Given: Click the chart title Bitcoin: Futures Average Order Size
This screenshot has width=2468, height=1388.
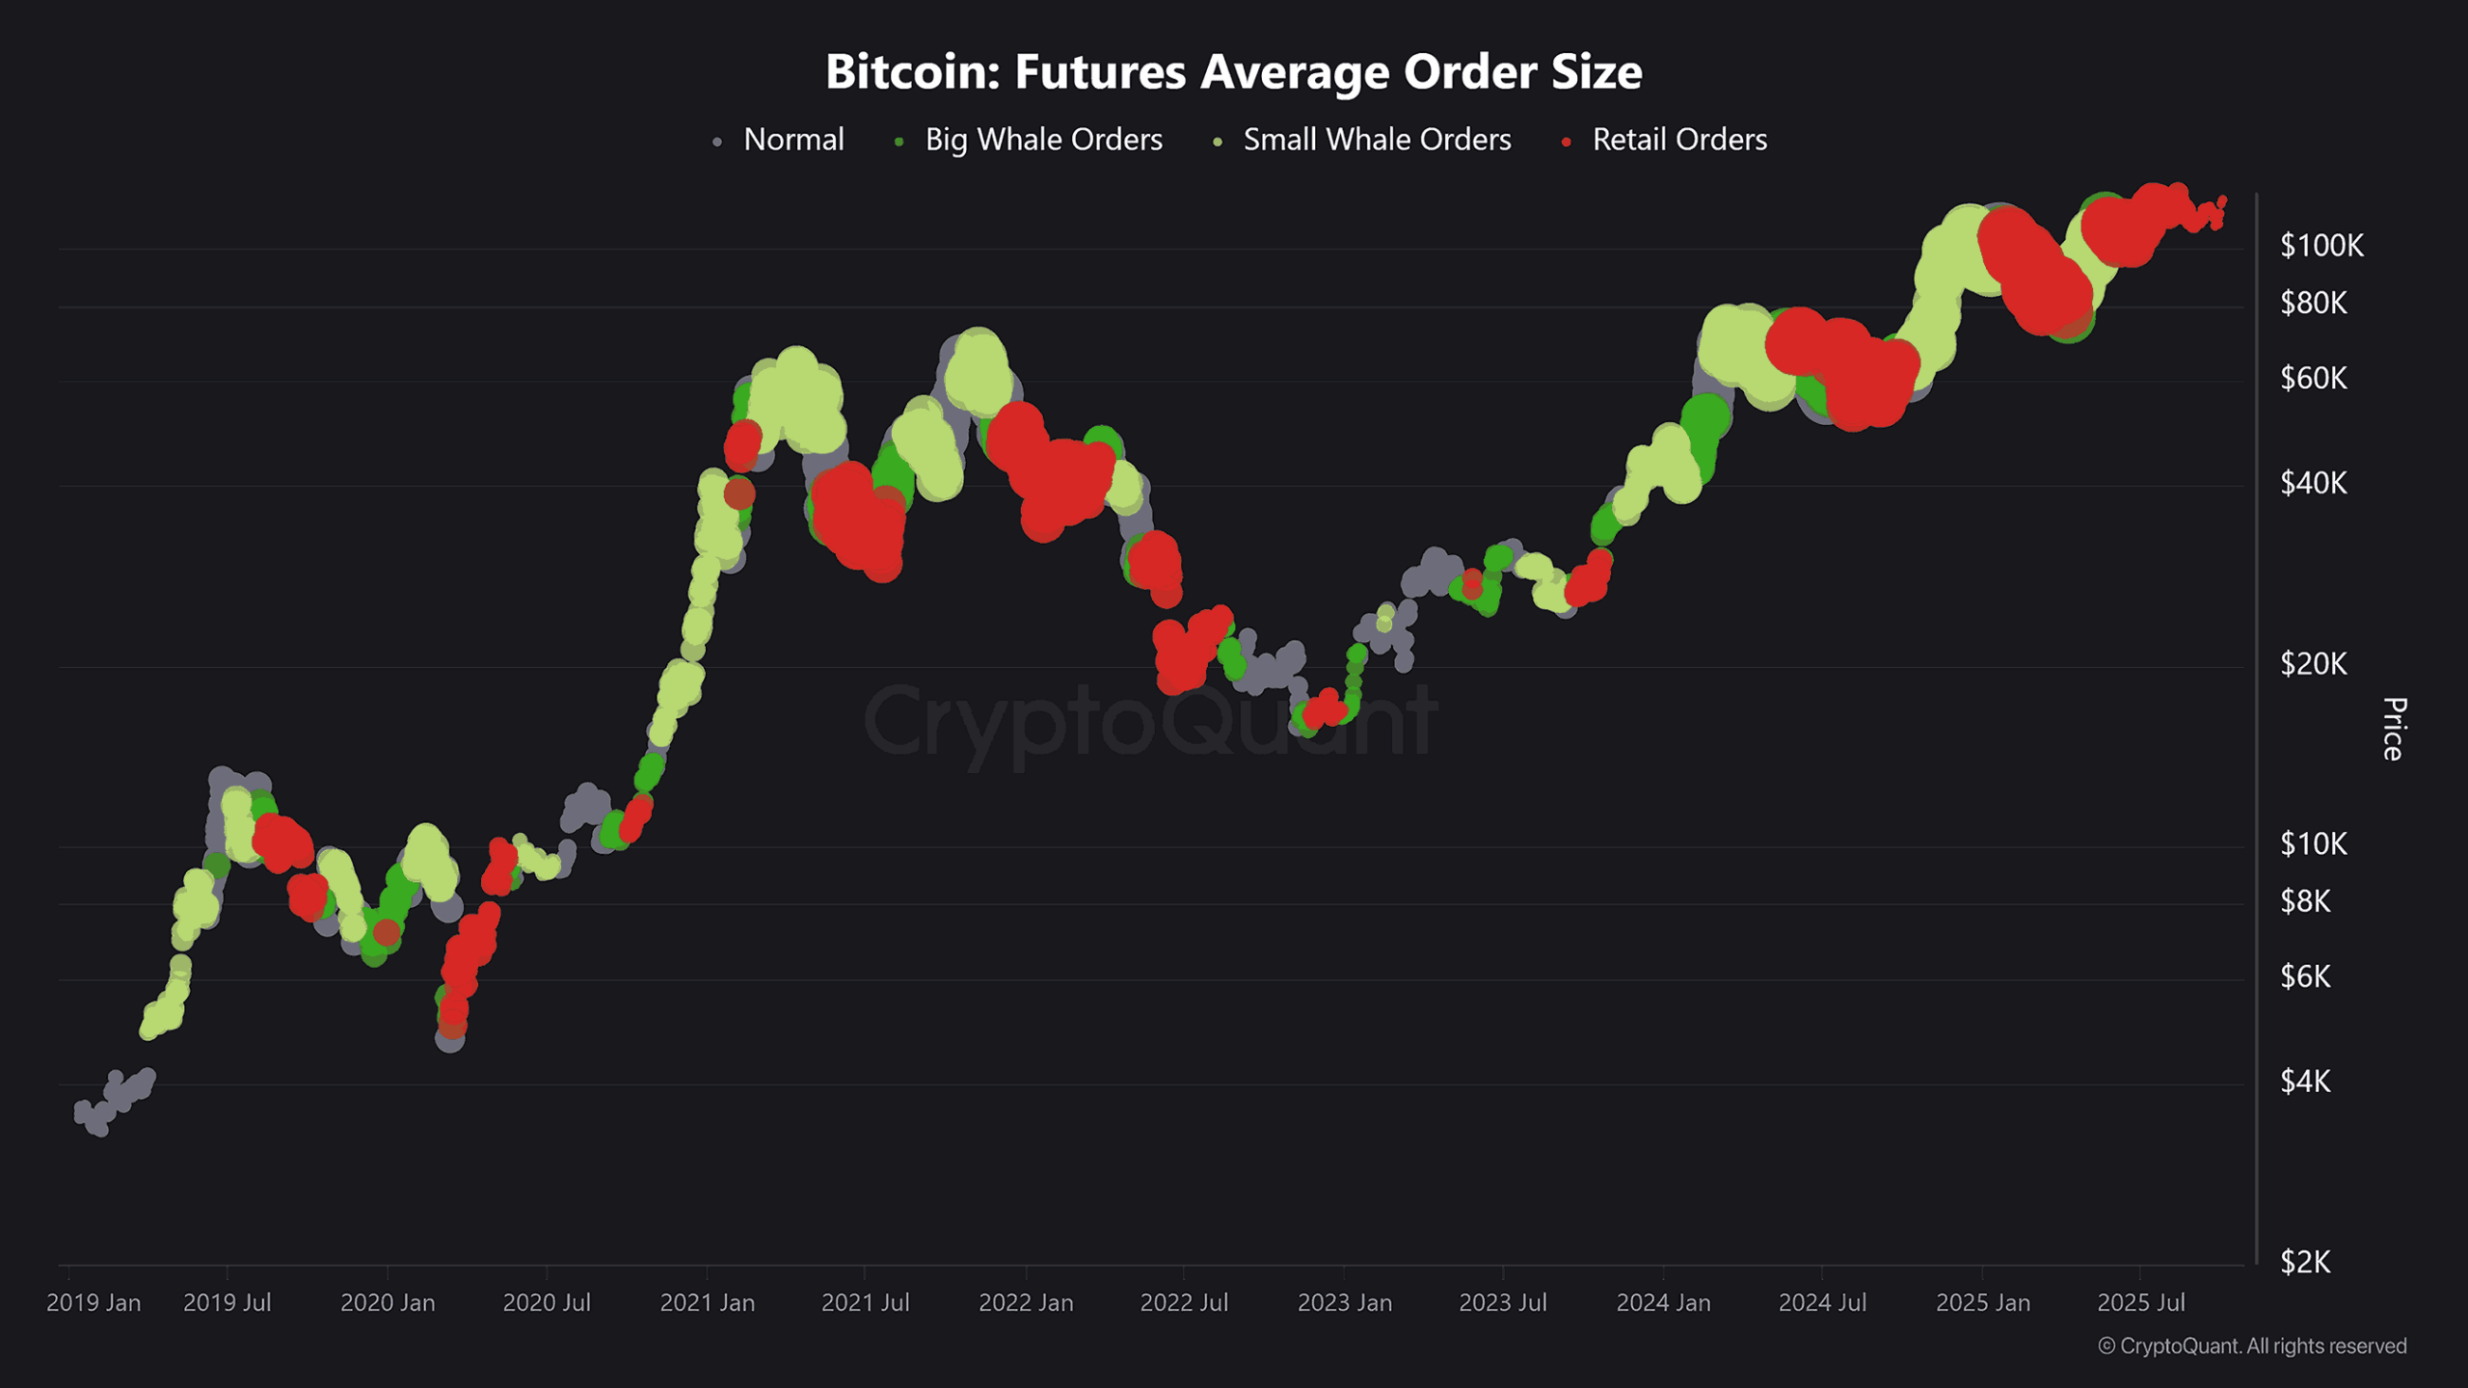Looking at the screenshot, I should click(1233, 71).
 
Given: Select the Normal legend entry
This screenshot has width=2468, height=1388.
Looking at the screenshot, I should click(792, 140).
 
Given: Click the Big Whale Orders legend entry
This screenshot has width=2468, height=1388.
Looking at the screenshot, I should click(1043, 140).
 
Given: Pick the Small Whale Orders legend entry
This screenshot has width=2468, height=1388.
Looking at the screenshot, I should click(1377, 140).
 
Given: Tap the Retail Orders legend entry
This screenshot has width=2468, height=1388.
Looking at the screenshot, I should click(1679, 140).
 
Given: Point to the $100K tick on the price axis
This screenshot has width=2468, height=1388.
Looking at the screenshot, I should click(2320, 246).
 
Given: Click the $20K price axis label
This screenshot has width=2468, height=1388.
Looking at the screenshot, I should click(2313, 664).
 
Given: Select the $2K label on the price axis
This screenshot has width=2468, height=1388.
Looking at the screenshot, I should click(2305, 1262).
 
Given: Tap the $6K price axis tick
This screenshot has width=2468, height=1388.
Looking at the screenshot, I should click(2305, 977).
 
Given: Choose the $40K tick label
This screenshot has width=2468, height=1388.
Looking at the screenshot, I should click(2313, 483).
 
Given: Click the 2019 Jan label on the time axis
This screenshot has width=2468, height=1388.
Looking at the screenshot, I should click(94, 1303).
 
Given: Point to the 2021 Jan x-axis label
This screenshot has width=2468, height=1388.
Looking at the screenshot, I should click(707, 1303).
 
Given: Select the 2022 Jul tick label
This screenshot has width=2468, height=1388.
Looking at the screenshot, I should click(1184, 1303).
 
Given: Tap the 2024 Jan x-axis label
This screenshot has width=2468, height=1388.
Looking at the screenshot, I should click(1663, 1303).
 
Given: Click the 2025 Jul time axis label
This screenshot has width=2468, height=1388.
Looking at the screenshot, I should click(2140, 1303).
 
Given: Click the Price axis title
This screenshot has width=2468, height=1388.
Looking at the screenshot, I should click(2393, 729).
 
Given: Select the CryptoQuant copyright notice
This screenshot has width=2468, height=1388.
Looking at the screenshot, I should click(2252, 1347).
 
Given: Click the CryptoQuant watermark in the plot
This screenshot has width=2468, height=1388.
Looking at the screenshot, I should click(1149, 721).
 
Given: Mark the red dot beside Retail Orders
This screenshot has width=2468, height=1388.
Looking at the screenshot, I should click(1566, 143).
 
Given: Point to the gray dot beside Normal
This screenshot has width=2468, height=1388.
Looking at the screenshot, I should click(716, 143).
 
